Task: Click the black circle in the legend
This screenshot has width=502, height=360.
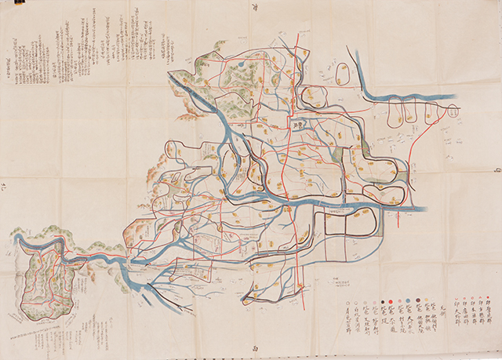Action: (x=381, y=300)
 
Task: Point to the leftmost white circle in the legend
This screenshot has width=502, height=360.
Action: (x=345, y=300)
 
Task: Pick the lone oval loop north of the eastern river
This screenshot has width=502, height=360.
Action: (x=342, y=75)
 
